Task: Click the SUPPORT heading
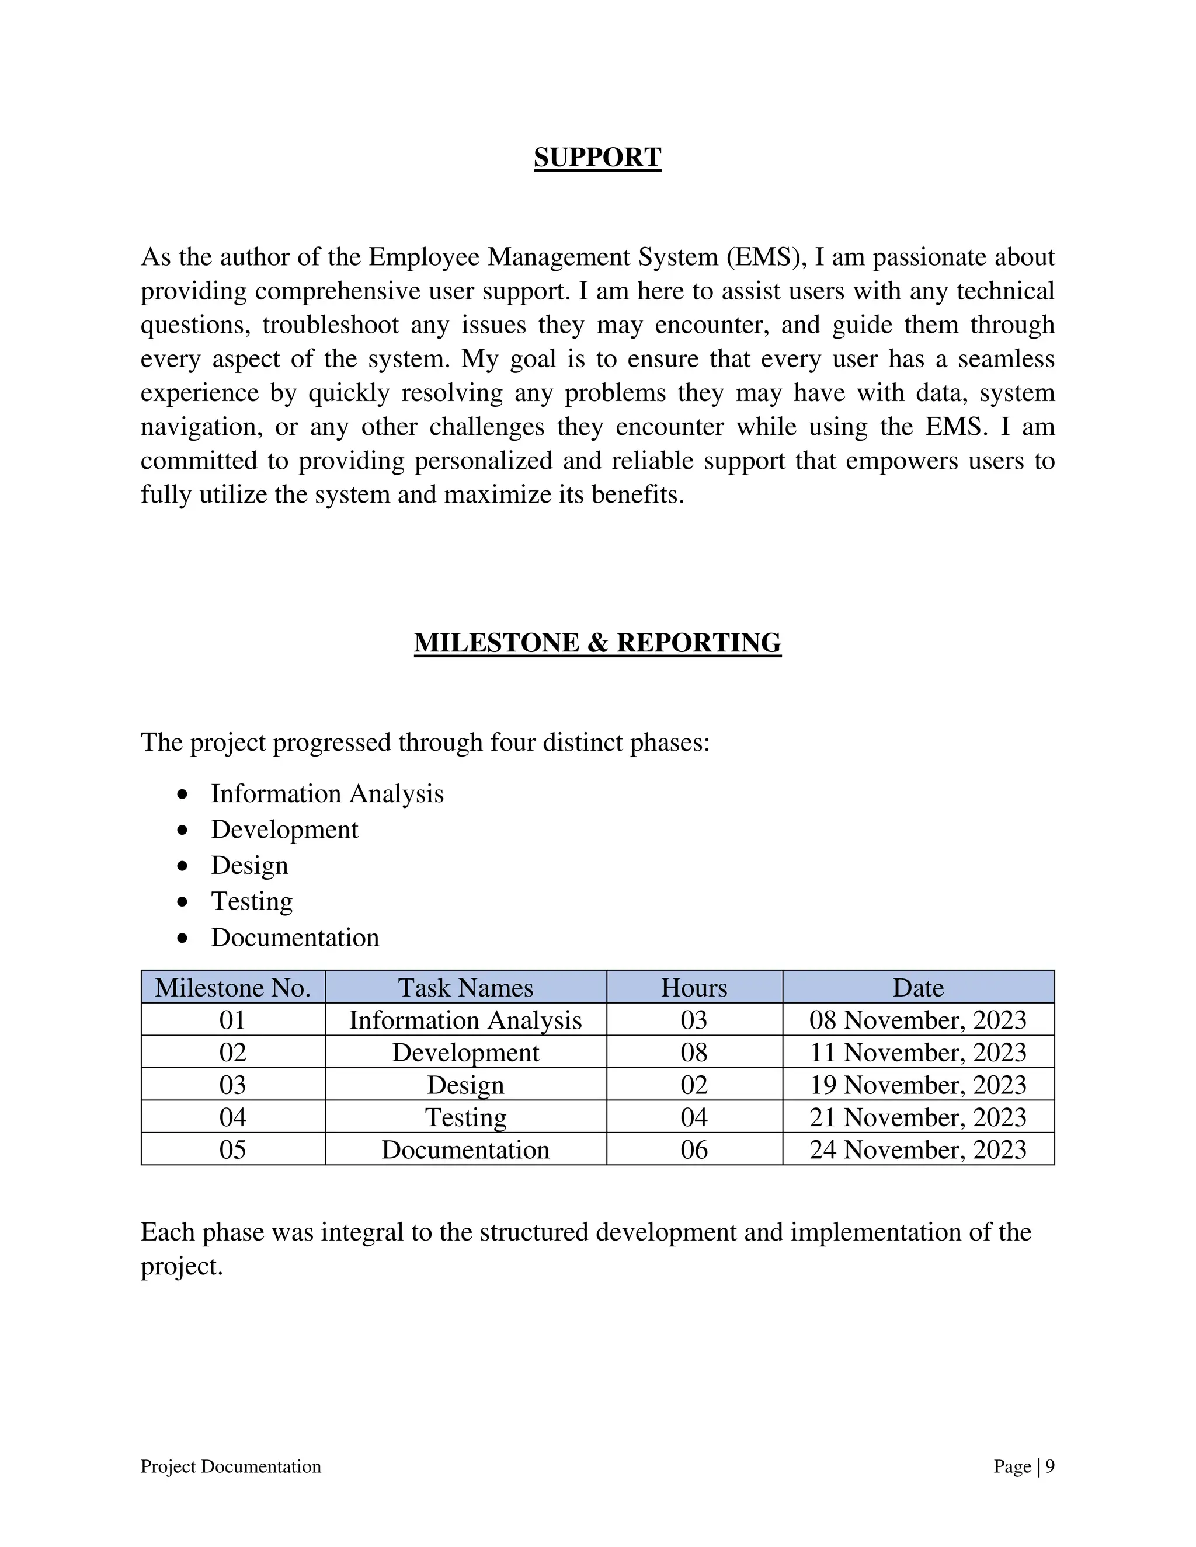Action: pos(597,157)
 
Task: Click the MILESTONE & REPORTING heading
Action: pos(597,643)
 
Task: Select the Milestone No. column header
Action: pos(232,987)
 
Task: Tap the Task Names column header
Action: pos(465,987)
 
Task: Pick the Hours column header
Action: pos(694,987)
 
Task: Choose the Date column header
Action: pos(917,987)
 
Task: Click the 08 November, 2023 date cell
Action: pos(917,1020)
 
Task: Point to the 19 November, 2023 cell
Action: pos(917,1085)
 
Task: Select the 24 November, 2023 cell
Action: pos(917,1149)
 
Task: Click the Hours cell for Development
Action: pos(694,1053)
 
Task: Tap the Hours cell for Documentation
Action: pos(694,1149)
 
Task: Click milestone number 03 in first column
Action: pos(232,1085)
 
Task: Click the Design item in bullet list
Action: pos(249,866)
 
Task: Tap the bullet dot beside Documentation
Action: pos(183,939)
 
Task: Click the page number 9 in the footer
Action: pos(1050,1466)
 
